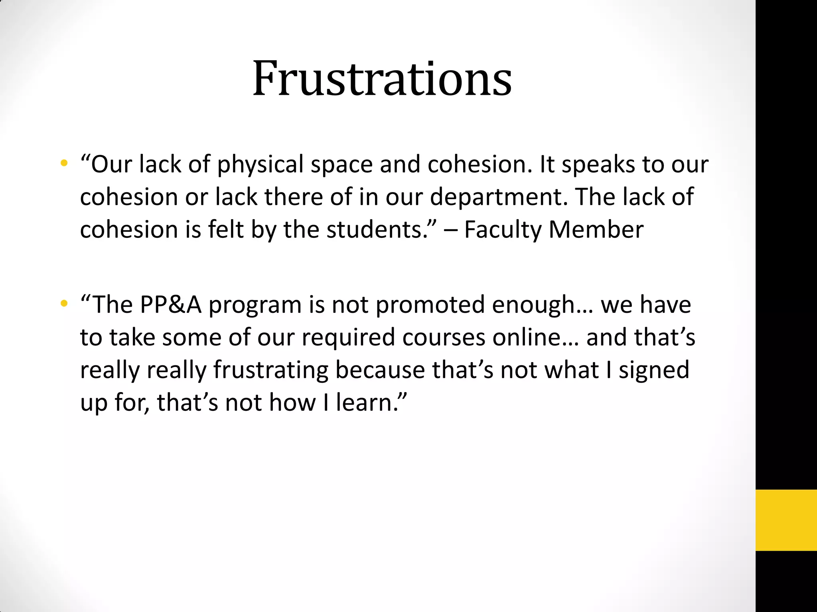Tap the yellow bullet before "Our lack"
tap(64, 163)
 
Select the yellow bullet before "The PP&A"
tap(64, 304)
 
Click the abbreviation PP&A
tap(171, 305)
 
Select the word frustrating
tap(271, 371)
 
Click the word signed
tap(654, 371)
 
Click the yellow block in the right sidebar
tap(786, 520)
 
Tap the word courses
tap(444, 338)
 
